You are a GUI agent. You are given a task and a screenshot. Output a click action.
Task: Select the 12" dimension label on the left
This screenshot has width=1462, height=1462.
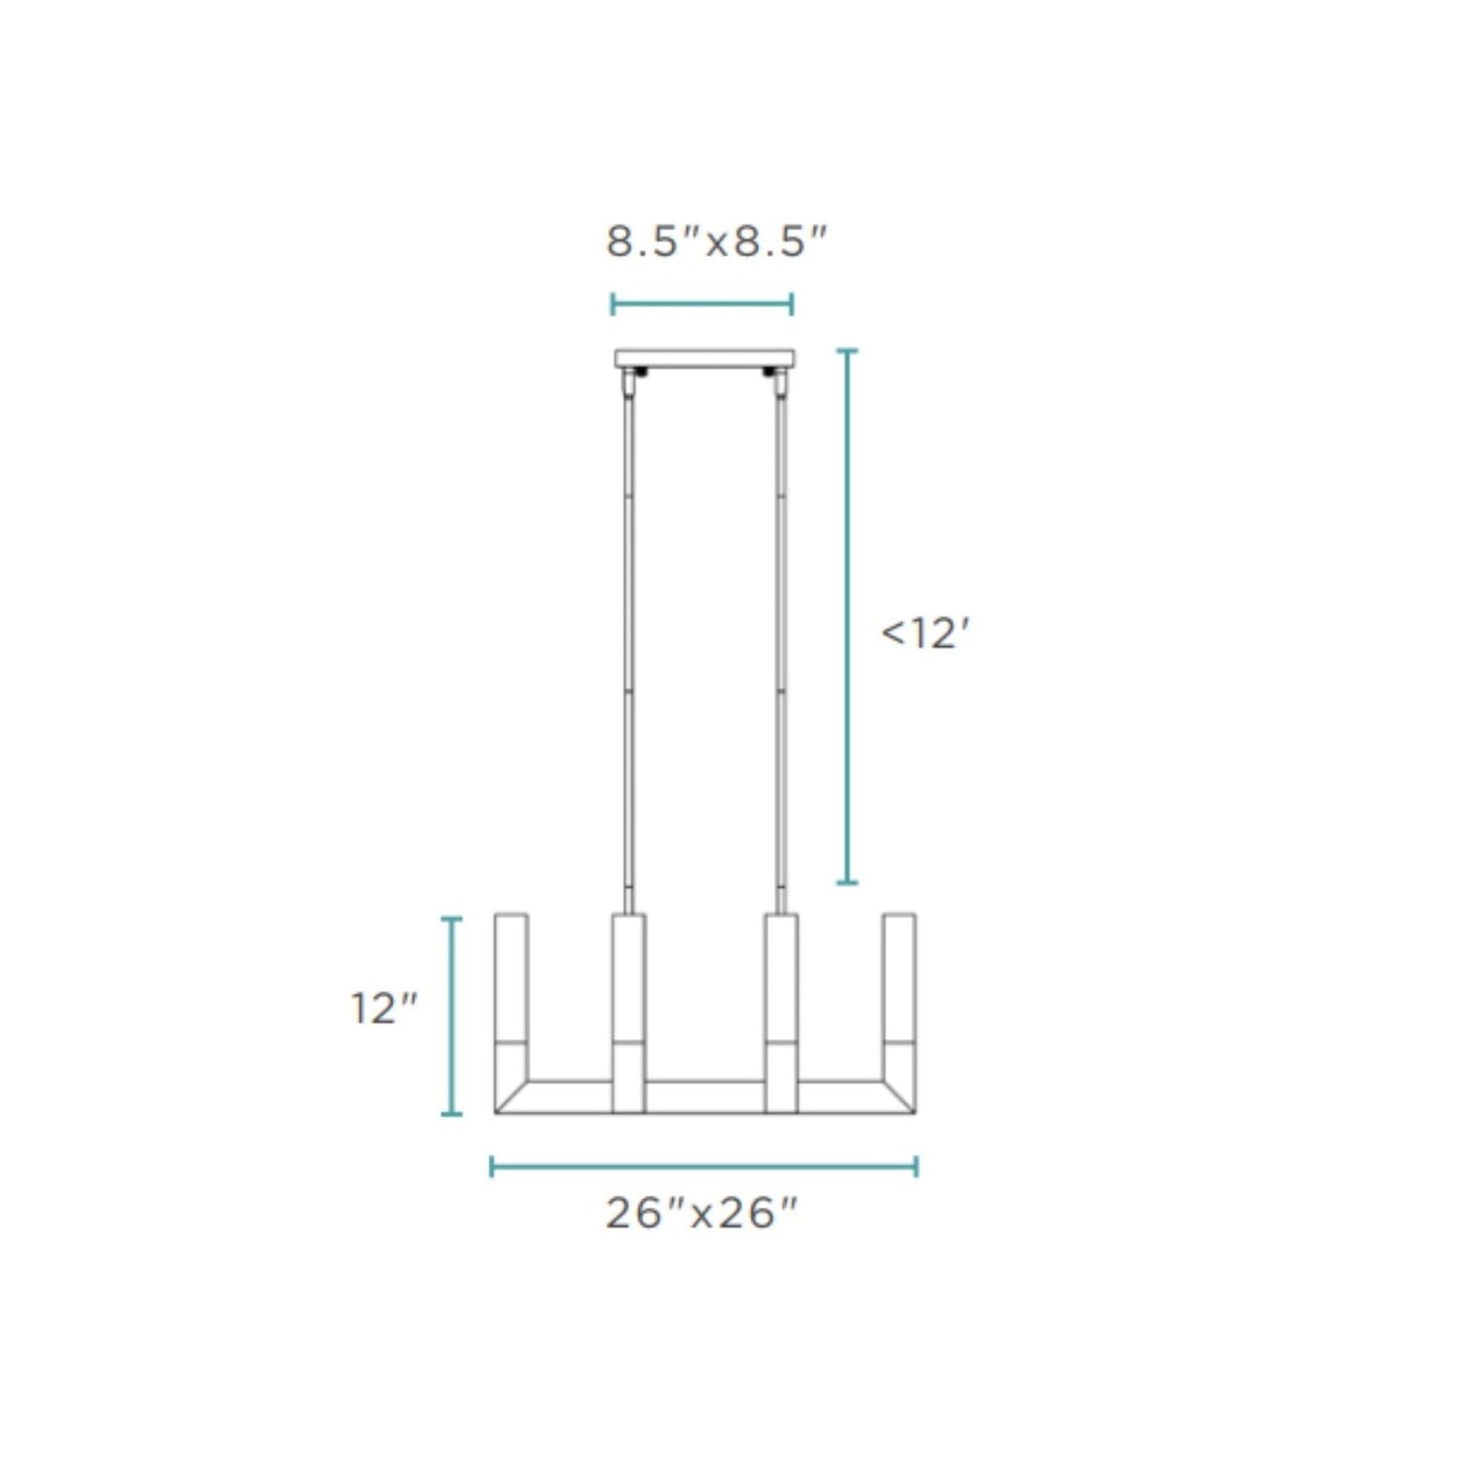[384, 1009]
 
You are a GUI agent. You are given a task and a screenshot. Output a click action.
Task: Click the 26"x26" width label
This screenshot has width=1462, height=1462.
[702, 1215]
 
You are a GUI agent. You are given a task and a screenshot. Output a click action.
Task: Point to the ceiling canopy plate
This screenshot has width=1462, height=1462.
[705, 357]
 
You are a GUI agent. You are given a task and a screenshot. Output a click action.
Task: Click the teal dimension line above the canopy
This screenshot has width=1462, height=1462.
[702, 305]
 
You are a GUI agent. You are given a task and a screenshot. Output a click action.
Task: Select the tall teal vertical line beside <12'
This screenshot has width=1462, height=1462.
[847, 617]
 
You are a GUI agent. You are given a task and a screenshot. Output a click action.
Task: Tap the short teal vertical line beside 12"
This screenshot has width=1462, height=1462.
[452, 1016]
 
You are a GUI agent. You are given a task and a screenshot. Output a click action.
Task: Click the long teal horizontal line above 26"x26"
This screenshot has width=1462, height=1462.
[704, 1166]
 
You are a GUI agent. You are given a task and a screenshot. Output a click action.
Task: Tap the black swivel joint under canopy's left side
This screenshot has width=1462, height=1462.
[641, 372]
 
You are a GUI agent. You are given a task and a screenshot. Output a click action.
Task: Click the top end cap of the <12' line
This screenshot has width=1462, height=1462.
[847, 351]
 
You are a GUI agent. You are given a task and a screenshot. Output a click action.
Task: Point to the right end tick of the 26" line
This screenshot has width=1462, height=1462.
[917, 1166]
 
